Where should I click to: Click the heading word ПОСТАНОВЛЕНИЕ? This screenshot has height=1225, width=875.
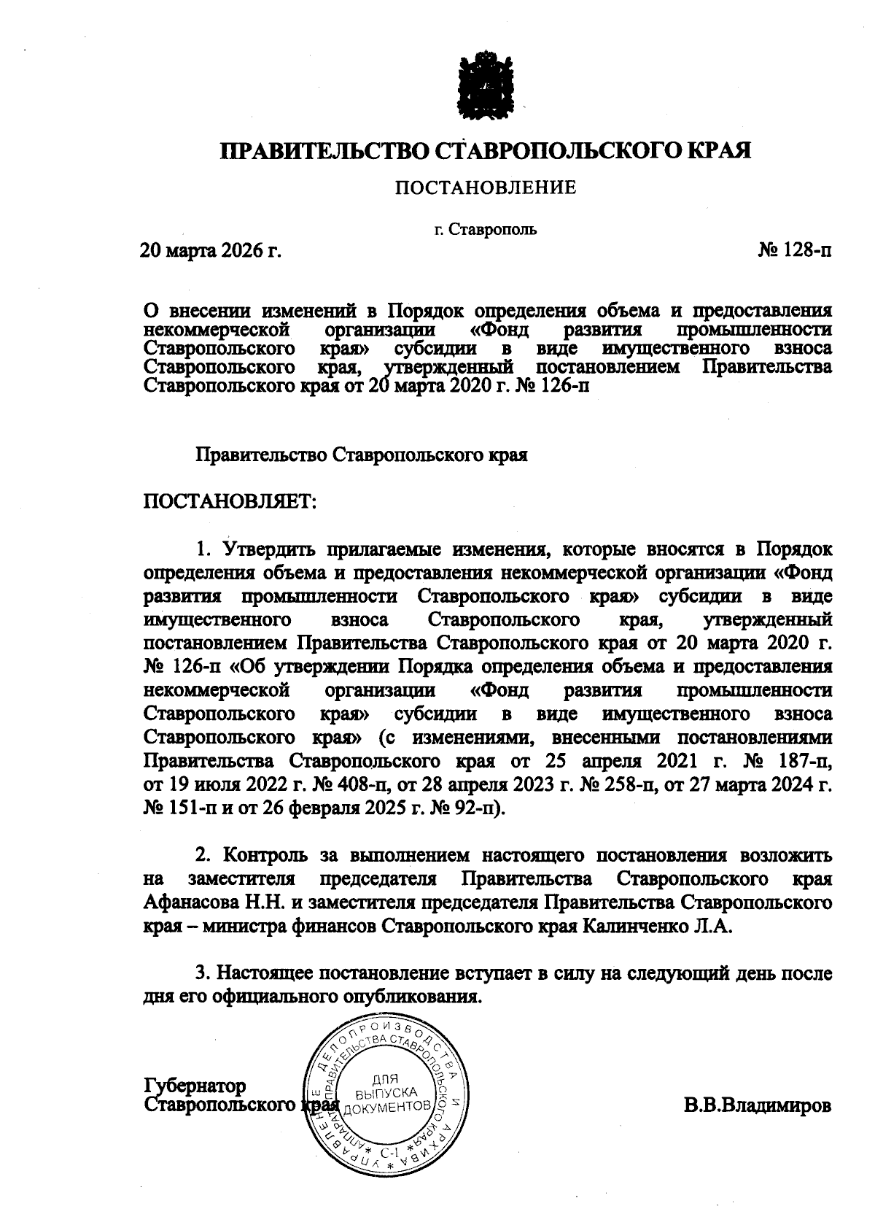coord(486,188)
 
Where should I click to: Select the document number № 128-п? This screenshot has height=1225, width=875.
coord(795,251)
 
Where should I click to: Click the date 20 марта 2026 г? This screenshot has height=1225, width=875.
coord(211,251)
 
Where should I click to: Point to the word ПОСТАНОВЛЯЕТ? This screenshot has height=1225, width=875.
coord(230,501)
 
